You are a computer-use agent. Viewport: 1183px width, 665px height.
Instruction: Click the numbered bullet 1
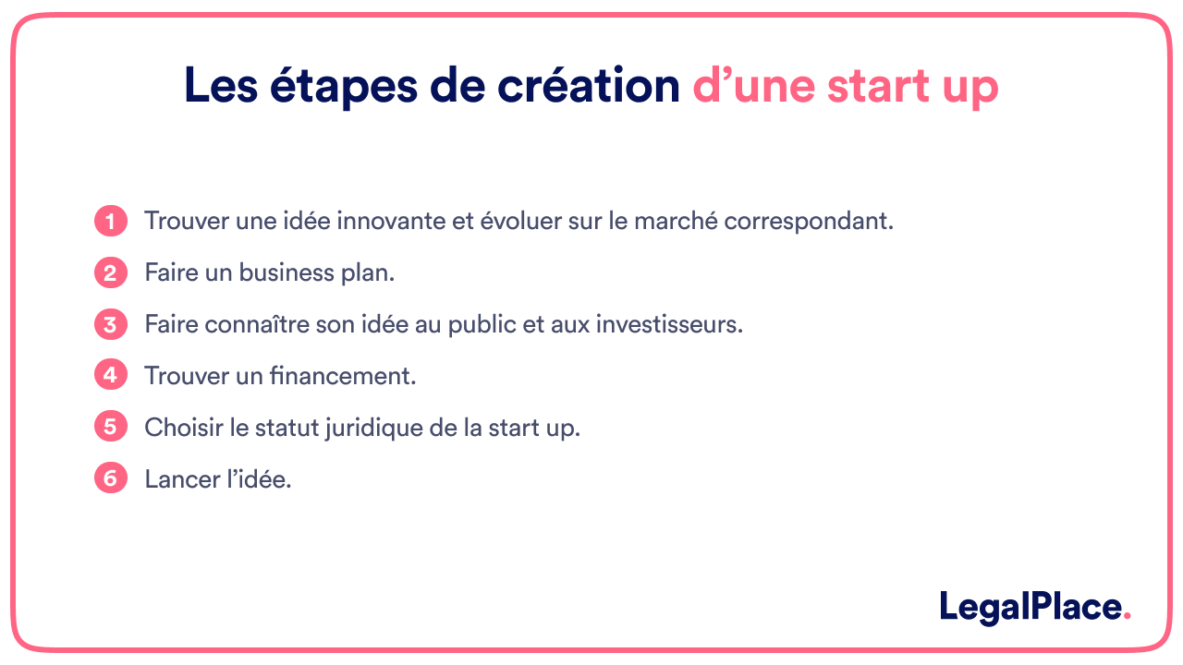coord(111,222)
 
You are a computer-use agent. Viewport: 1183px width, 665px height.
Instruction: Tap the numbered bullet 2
coord(111,273)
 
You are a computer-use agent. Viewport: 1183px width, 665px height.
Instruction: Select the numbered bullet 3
coord(111,325)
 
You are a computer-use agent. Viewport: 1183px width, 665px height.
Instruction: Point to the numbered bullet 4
coord(111,376)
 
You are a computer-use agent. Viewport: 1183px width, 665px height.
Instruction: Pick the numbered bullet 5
coord(111,428)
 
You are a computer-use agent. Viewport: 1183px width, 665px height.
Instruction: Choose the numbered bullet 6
coord(111,479)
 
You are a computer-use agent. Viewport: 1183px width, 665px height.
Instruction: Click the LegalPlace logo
coord(1034,607)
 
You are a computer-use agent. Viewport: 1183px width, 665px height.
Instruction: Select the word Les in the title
coord(219,86)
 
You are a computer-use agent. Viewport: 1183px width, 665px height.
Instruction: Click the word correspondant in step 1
coord(808,223)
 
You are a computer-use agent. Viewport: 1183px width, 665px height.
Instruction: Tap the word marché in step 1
coord(659,222)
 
